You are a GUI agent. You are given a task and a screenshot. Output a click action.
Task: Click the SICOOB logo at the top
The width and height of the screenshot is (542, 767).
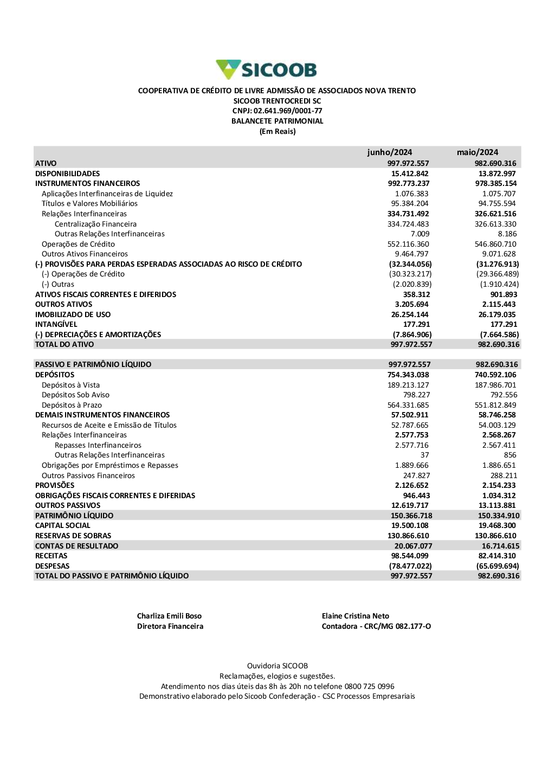pos(266,69)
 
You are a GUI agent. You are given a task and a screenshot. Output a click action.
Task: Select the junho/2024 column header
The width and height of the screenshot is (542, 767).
pos(389,152)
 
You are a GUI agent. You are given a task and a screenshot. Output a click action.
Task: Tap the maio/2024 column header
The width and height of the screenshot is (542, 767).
pos(477,152)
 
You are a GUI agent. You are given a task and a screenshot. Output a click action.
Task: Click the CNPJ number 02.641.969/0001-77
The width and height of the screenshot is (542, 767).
pos(288,111)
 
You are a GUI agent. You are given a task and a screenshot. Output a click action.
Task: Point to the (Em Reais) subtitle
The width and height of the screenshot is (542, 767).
pos(278,132)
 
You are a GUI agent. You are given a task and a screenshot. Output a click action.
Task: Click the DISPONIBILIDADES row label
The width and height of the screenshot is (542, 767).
pos(68,173)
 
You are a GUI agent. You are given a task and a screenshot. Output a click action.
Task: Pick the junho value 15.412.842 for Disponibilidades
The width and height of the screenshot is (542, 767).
pos(410,173)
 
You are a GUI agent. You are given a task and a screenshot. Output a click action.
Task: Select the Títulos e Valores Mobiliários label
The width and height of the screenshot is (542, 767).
pos(89,204)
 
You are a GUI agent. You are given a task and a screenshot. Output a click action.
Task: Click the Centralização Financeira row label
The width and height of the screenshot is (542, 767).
pos(95,224)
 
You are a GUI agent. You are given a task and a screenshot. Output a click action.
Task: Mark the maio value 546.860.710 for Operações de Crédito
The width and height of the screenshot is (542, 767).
pos(495,244)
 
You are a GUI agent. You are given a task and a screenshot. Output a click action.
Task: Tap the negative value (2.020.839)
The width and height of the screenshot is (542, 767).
pos(412,284)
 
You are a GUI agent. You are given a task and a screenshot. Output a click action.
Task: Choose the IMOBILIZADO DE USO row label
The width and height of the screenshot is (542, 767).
pos(73,314)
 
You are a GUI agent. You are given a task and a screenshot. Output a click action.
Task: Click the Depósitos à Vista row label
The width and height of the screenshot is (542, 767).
pos(70,385)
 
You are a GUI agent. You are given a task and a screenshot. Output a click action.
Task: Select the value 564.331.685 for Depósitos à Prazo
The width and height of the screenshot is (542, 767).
pos(408,405)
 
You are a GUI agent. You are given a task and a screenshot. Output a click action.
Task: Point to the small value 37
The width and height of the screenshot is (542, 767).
pos(424,455)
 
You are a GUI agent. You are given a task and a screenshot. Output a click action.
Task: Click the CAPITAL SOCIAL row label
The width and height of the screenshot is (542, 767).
pos(63,525)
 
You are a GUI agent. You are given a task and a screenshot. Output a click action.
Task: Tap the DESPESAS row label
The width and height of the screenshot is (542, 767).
pos(52,566)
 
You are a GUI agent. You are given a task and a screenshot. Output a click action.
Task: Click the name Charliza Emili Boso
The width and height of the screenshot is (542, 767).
pos(169,616)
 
